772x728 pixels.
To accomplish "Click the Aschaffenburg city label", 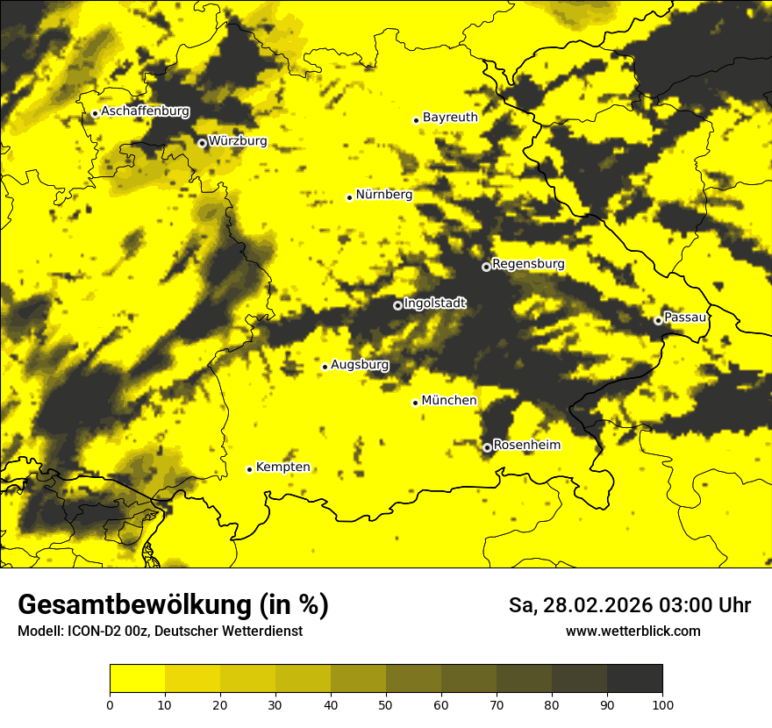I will tap(145, 111).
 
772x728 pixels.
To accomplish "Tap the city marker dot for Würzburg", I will tap(202, 143).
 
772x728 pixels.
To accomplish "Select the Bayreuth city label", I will tap(450, 118).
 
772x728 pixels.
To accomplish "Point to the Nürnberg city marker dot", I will tap(349, 197).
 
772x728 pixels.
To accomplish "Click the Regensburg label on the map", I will tap(528, 264).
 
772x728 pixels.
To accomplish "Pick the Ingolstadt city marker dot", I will tap(397, 305).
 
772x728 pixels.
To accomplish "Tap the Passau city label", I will tap(685, 318).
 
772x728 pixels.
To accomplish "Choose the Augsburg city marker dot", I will tap(325, 367).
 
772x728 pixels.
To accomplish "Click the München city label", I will tap(449, 401).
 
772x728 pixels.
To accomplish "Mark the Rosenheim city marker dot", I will tap(487, 447).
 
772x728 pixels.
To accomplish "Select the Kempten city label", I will tap(282, 467).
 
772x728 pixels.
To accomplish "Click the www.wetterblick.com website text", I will tap(633, 631).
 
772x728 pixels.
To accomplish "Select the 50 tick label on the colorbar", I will tap(386, 703).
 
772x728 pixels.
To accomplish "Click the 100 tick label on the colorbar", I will tap(662, 703).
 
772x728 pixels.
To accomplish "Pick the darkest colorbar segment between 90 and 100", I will tap(634, 679).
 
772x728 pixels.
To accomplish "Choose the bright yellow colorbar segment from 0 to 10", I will tap(137, 679).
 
